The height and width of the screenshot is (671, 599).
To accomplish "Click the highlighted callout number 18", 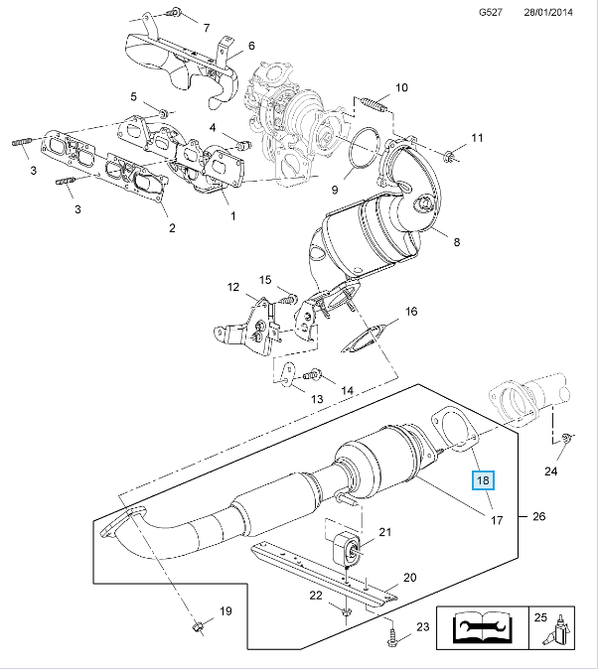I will pos(483,481).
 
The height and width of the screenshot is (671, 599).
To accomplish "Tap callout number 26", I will pos(539,516).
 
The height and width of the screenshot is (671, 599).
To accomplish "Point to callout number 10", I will pos(401,87).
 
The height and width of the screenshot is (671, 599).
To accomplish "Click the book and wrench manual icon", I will pos(482,629).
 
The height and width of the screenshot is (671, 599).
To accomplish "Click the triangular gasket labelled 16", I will pos(363,338).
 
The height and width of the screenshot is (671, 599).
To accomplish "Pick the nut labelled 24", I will pos(564,439).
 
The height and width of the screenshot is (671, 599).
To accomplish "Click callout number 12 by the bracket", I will pos(232,288).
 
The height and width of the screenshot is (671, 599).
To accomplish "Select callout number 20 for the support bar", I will pos(409,578).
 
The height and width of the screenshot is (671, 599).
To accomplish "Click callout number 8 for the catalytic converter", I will pos(457,241).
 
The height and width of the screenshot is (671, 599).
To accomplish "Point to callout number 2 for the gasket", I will pos(170,229).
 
